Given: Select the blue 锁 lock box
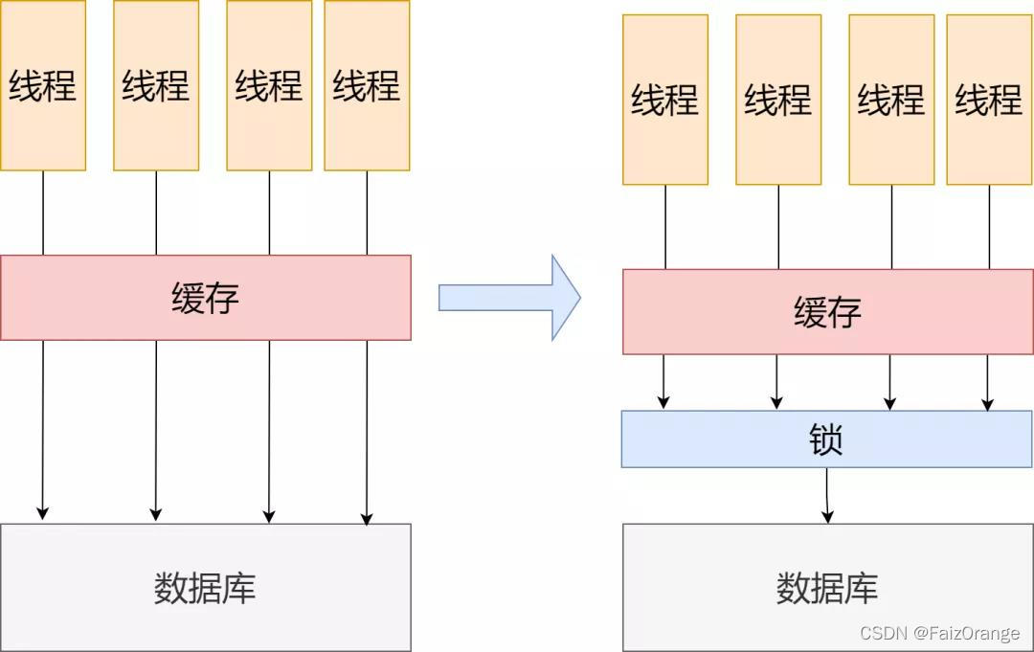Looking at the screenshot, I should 826,438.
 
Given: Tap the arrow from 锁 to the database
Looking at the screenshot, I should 827,496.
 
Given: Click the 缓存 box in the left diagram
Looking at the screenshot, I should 205,298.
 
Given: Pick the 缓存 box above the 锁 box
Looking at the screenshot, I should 826,312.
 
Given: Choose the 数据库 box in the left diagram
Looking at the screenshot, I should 205,587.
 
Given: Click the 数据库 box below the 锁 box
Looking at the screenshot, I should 826,587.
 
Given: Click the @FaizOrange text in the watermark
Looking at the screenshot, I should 966,633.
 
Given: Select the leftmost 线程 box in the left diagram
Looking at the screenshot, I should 43,85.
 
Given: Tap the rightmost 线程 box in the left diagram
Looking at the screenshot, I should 367,85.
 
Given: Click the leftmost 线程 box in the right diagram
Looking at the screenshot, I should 665,100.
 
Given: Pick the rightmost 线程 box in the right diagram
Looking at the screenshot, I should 989,100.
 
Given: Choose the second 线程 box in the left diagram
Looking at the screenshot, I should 156,85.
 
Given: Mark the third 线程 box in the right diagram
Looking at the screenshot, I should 891,100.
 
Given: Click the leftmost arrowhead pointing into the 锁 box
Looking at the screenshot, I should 663,402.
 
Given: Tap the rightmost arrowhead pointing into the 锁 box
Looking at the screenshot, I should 988,403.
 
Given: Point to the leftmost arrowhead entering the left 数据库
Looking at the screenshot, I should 42,513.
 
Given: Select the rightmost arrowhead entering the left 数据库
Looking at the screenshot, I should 367,518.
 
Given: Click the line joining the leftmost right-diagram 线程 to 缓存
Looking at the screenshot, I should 665,227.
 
